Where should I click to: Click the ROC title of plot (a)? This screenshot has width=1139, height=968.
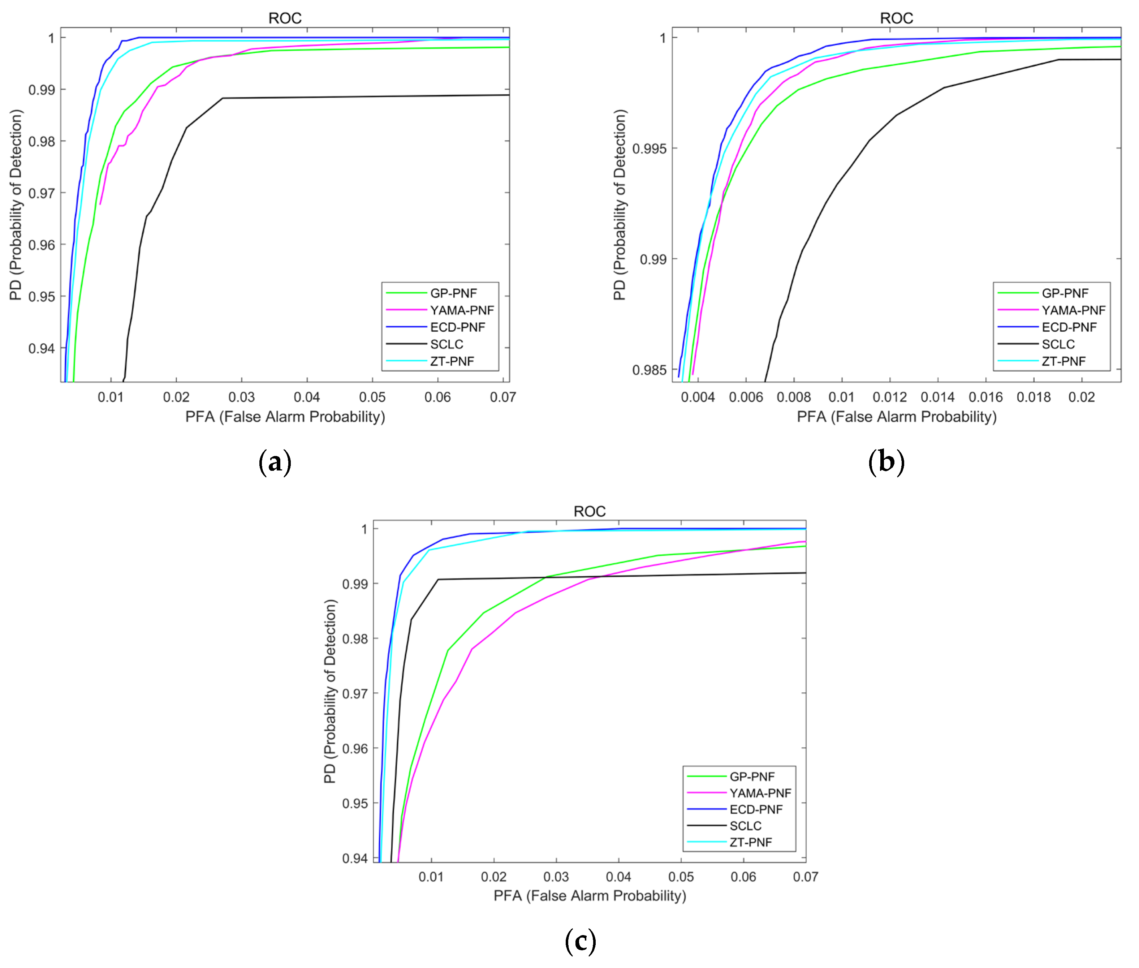[285, 18]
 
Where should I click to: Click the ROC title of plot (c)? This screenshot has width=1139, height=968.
[589, 511]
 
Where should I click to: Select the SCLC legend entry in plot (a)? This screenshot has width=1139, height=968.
[446, 344]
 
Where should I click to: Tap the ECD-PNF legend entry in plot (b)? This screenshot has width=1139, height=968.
[1069, 327]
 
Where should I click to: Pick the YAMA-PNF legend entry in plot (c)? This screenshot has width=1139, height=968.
[760, 793]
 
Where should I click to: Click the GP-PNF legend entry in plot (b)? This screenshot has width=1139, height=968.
[1064, 293]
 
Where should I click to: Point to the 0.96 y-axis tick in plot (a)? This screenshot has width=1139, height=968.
[42, 245]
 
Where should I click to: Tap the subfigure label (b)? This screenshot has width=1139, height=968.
[886, 462]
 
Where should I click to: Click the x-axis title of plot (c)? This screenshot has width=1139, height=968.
[589, 896]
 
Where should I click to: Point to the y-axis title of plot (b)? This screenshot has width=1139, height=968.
[620, 205]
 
